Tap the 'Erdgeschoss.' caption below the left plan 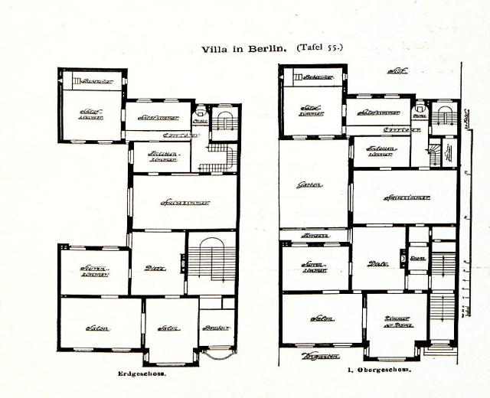point(142,374)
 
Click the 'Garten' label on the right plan point(309,184)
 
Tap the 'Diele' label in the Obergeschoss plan point(377,263)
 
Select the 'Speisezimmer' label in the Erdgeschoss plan point(185,204)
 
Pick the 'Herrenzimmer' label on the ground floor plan point(93,271)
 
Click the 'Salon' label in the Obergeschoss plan point(320,318)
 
